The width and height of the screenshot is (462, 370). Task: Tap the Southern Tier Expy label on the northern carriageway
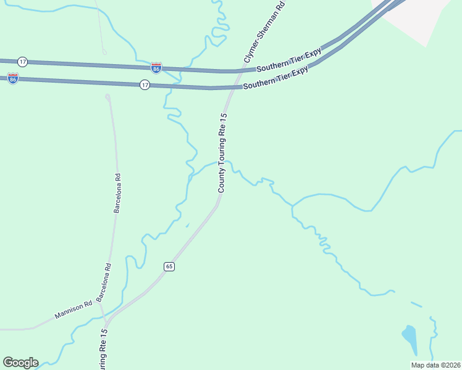tap(290, 59)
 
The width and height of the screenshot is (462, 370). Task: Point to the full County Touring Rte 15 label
tap(223, 152)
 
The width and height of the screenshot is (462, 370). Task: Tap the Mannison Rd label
tap(73, 310)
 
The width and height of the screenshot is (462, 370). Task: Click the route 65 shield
tap(170, 266)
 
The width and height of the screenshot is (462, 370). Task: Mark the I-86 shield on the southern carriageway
tap(13, 78)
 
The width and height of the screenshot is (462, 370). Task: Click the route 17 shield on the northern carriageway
tap(23, 62)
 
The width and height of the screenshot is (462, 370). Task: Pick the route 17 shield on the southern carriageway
tap(145, 85)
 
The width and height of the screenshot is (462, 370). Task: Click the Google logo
tap(20, 362)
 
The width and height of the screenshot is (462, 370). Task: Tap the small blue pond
tap(409, 336)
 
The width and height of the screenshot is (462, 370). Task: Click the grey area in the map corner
tap(420, 15)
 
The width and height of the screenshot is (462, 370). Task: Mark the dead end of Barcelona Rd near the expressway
tap(108, 97)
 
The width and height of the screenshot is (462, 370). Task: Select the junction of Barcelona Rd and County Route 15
tap(106, 321)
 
